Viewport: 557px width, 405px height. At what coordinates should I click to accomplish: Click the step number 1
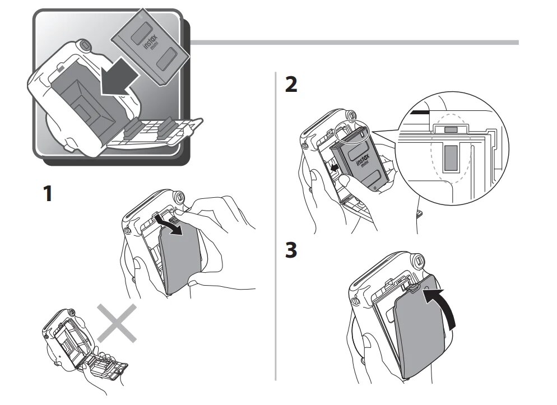click(49, 194)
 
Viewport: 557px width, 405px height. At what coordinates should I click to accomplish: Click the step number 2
click(291, 85)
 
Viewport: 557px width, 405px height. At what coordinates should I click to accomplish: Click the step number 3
click(291, 250)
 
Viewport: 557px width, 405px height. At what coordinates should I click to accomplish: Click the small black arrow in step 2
click(333, 167)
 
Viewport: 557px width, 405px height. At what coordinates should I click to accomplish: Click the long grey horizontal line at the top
click(359, 43)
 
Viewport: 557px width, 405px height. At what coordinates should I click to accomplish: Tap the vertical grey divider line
click(276, 224)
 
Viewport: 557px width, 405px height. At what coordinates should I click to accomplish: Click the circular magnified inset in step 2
click(454, 157)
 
